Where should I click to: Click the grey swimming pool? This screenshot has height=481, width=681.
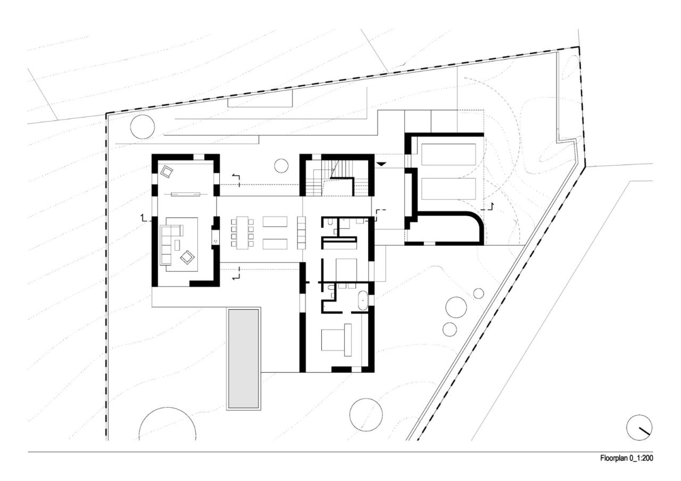click(x=243, y=358)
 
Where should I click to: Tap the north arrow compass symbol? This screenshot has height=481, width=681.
click(x=639, y=427)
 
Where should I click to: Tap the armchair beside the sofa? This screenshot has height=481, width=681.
click(x=188, y=258)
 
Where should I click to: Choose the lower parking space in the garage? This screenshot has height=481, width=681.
click(x=449, y=188)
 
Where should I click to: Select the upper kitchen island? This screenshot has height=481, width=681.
click(x=275, y=221)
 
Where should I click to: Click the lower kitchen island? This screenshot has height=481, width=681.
click(x=275, y=244)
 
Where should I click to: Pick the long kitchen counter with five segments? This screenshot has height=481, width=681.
click(x=302, y=232)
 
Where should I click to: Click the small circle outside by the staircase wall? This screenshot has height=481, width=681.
click(x=281, y=165)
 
